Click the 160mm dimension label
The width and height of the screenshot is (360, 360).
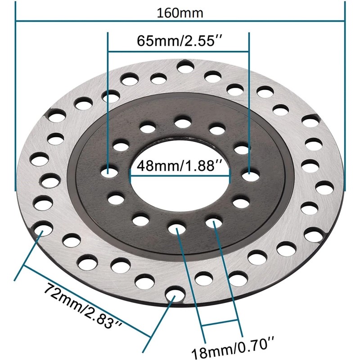pos(180,13)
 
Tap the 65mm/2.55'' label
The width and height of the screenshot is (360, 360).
pos(179,41)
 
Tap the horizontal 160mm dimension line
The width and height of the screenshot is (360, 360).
pos(180,21)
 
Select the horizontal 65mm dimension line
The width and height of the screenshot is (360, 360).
pos(179,52)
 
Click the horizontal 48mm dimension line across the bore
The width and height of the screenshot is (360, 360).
pos(180,176)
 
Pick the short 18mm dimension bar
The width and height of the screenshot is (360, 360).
pos(220,323)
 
